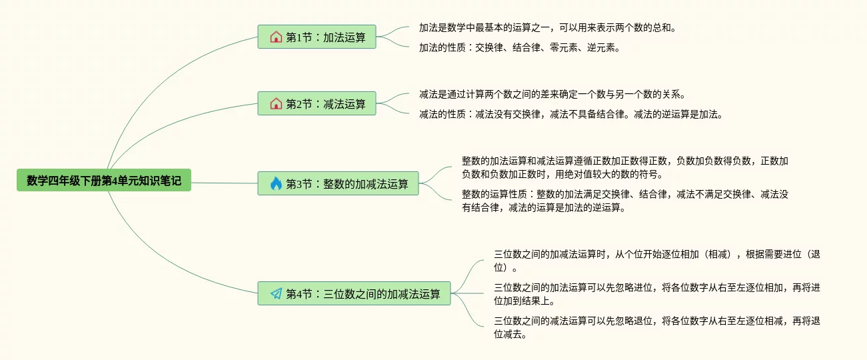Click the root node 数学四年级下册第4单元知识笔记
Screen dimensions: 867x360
(x=104, y=180)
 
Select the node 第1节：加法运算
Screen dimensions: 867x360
(x=317, y=37)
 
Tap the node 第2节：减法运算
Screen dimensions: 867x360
(x=317, y=104)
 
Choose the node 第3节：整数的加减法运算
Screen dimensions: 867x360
(x=339, y=184)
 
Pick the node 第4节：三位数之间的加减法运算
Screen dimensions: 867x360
(x=355, y=293)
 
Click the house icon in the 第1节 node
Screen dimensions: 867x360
(x=276, y=37)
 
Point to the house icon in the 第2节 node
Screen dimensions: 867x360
(x=276, y=104)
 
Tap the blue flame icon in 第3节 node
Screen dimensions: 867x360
(x=276, y=184)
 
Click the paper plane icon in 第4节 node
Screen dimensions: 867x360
(x=276, y=293)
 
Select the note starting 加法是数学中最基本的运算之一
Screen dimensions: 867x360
(x=548, y=28)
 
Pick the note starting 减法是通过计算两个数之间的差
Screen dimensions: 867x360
(x=552, y=94)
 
